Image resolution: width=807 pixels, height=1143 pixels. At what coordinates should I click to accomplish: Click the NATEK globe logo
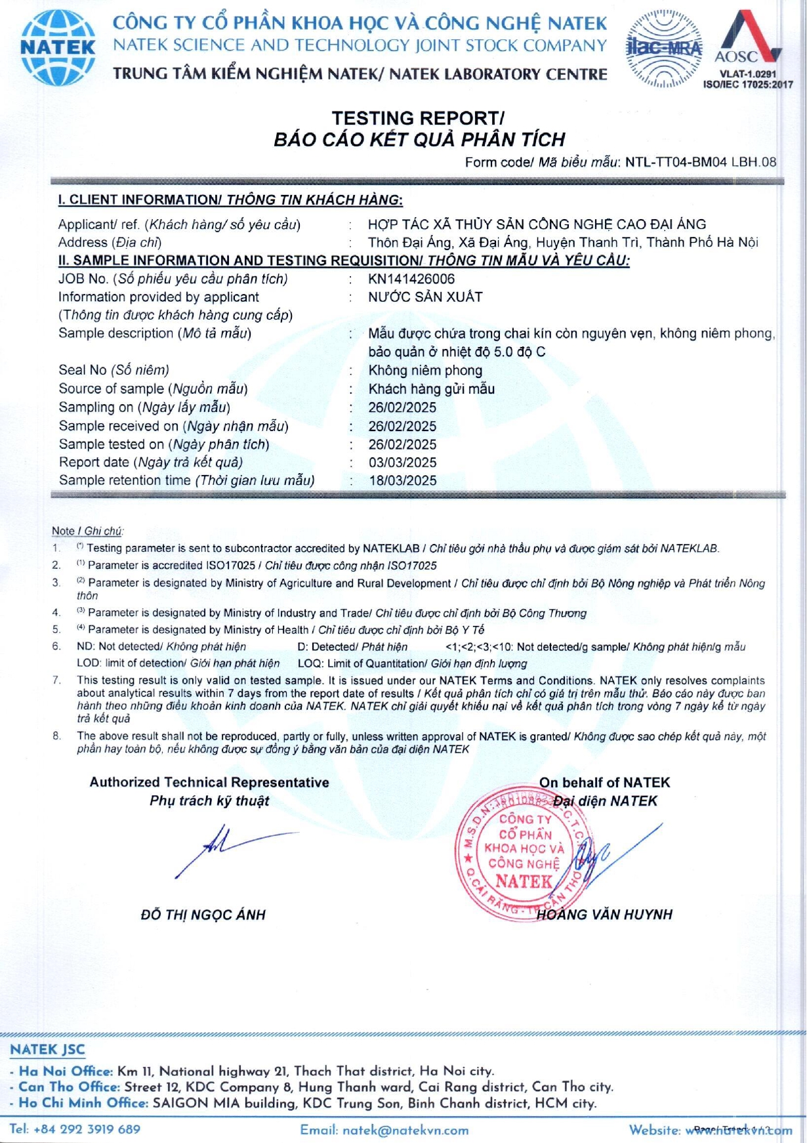[x=58, y=48]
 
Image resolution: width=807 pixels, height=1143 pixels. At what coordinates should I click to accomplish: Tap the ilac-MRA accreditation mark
[x=664, y=48]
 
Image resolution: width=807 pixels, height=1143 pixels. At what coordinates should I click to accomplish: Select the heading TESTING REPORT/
[x=418, y=118]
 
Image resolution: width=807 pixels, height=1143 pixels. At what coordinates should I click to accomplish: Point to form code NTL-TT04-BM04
[x=676, y=162]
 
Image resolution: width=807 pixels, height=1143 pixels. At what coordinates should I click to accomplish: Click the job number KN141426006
[x=411, y=279]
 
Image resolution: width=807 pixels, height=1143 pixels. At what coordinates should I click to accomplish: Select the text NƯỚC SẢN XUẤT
[x=425, y=297]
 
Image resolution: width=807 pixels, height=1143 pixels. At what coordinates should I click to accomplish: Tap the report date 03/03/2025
[x=402, y=463]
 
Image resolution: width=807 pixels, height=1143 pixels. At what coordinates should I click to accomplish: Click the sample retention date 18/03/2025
[x=402, y=480]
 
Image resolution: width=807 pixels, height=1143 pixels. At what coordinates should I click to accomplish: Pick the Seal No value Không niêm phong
[x=425, y=371]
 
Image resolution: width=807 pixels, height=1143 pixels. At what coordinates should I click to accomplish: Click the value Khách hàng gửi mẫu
[x=431, y=389]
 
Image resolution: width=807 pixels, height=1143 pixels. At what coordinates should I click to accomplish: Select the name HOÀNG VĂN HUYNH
[x=604, y=915]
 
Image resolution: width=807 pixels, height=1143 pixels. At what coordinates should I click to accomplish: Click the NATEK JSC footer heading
[x=47, y=1050]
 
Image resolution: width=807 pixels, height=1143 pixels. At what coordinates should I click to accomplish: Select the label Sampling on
[x=96, y=407]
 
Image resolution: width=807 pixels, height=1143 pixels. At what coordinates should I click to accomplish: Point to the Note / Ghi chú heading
[x=87, y=531]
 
